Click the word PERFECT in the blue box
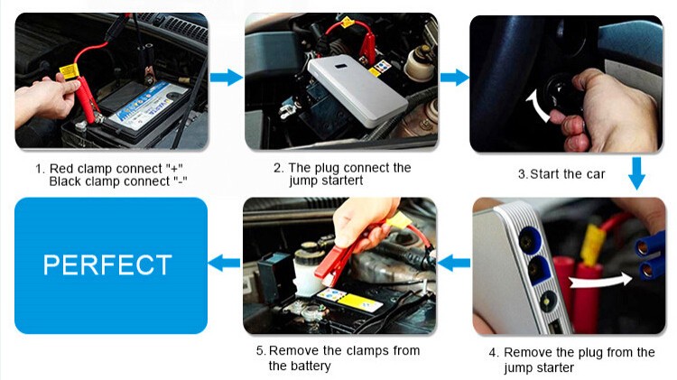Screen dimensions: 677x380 click(x=107, y=264)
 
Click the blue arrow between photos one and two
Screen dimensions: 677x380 click(x=227, y=78)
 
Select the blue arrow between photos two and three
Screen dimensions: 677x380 click(x=454, y=78)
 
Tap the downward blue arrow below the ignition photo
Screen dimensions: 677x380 click(x=637, y=173)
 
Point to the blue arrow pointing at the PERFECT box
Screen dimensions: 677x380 click(x=224, y=263)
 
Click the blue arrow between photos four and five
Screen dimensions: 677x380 click(x=454, y=263)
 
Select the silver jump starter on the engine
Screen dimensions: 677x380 click(x=357, y=91)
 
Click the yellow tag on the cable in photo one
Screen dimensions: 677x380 click(x=70, y=70)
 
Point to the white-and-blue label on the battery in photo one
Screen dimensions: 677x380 click(x=148, y=105)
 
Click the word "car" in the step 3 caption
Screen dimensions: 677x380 click(x=596, y=174)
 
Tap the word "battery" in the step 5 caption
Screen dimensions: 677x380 click(x=310, y=366)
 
